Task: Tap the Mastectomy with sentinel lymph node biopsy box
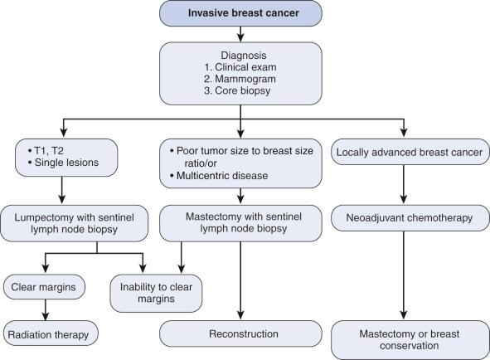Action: coord(241,226)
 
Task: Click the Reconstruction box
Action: coord(241,334)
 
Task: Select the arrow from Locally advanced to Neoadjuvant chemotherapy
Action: coord(404,189)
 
